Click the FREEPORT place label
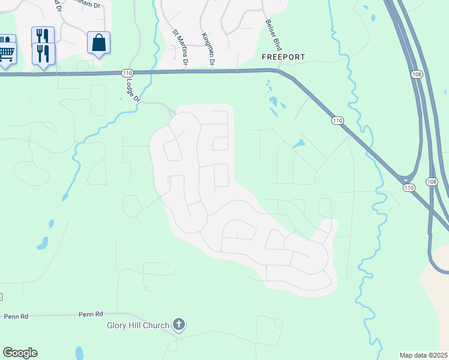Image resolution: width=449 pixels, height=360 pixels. pyautogui.click(x=283, y=57)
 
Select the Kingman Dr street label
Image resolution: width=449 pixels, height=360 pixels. pyautogui.click(x=209, y=49)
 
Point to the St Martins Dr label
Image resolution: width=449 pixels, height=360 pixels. pyautogui.click(x=181, y=48)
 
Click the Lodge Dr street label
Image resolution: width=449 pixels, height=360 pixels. pyautogui.click(x=133, y=90)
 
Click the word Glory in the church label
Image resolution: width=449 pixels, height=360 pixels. pyautogui.click(x=118, y=325)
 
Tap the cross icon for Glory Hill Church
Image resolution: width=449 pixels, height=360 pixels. pyautogui.click(x=178, y=325)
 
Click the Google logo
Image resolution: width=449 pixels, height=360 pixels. pyautogui.click(x=20, y=353)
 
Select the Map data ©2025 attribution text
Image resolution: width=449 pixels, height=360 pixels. pyautogui.click(x=424, y=355)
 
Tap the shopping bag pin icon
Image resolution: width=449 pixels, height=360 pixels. pyautogui.click(x=99, y=43)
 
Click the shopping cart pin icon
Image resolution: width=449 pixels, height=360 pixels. pyautogui.click(x=6, y=51)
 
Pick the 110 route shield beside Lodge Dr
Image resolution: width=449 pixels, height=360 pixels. pyautogui.click(x=127, y=73)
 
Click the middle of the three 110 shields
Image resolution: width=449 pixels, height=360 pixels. pyautogui.click(x=337, y=121)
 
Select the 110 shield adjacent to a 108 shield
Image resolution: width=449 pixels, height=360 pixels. pyautogui.click(x=409, y=188)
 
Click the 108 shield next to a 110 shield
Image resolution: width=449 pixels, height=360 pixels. pyautogui.click(x=431, y=181)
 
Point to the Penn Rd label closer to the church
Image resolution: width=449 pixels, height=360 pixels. pyautogui.click(x=91, y=314)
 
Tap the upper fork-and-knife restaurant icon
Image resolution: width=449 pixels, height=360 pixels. pyautogui.click(x=43, y=35)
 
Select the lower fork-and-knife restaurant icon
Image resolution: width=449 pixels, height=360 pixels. pyautogui.click(x=43, y=52)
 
